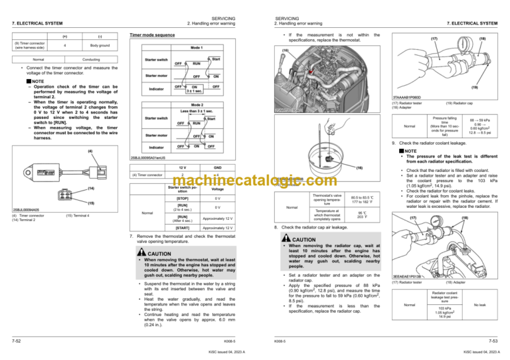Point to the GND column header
[218, 168]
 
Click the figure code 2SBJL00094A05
[21, 209]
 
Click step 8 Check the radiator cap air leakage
[322, 246]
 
